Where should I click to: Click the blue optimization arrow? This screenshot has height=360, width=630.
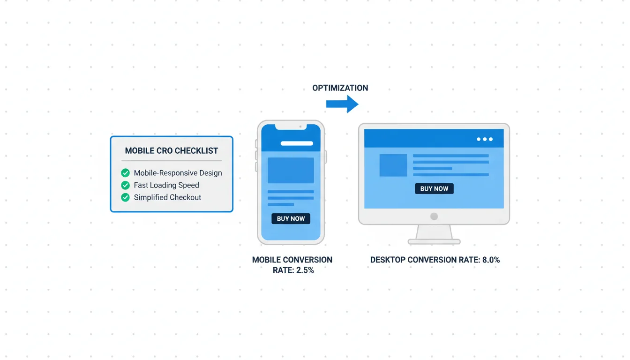pyautogui.click(x=342, y=104)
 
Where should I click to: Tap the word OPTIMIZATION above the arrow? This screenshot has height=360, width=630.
pyautogui.click(x=340, y=88)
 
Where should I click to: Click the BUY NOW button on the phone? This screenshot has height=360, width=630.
pyautogui.click(x=291, y=218)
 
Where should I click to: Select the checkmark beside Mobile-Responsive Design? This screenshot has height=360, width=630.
pyautogui.click(x=126, y=172)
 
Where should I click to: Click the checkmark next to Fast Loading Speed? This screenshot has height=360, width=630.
pyautogui.click(x=126, y=185)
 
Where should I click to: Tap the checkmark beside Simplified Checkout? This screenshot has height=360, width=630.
pyautogui.click(x=126, y=197)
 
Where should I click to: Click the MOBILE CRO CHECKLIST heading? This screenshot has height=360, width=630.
pyautogui.click(x=171, y=151)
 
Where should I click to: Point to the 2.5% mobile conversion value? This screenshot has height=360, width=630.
pyautogui.click(x=305, y=270)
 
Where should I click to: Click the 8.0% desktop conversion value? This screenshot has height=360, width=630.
pyautogui.click(x=491, y=260)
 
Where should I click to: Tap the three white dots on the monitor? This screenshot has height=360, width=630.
pyautogui.click(x=485, y=139)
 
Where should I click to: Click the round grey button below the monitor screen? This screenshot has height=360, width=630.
pyautogui.click(x=434, y=216)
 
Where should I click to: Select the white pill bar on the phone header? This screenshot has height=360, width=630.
pyautogui.click(x=297, y=143)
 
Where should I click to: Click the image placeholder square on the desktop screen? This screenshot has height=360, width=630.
pyautogui.click(x=393, y=165)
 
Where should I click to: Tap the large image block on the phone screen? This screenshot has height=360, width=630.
pyautogui.click(x=291, y=171)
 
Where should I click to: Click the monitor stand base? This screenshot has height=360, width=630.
pyautogui.click(x=434, y=241)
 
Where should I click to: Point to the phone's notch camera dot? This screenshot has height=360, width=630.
pyautogui.click(x=300, y=127)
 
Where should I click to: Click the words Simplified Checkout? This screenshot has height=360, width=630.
pyautogui.click(x=167, y=197)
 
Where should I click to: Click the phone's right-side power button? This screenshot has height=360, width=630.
pyautogui.click(x=326, y=157)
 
